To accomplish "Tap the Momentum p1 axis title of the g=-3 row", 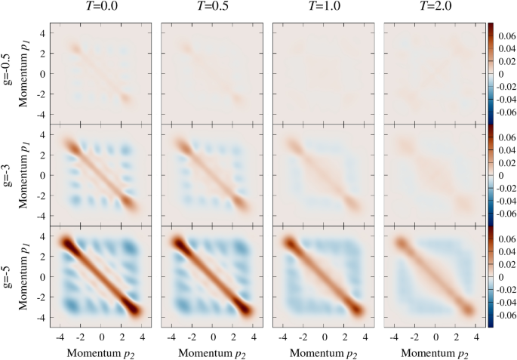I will coord(28,175).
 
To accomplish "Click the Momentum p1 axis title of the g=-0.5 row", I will coord(28,73).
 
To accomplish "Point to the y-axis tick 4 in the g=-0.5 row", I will coord(43,34).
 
